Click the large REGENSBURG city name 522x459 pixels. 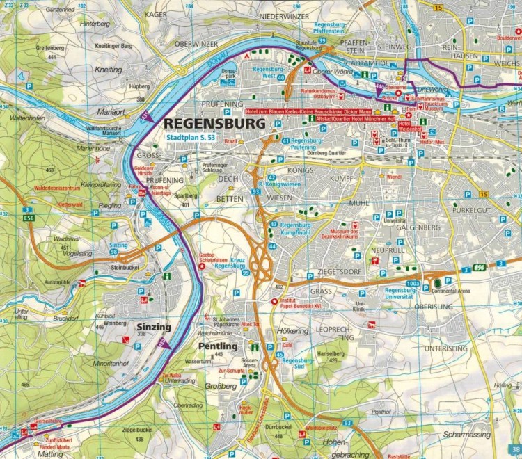[214, 124]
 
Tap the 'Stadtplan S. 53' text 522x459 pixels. [193, 138]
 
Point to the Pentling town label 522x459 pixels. [218, 346]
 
